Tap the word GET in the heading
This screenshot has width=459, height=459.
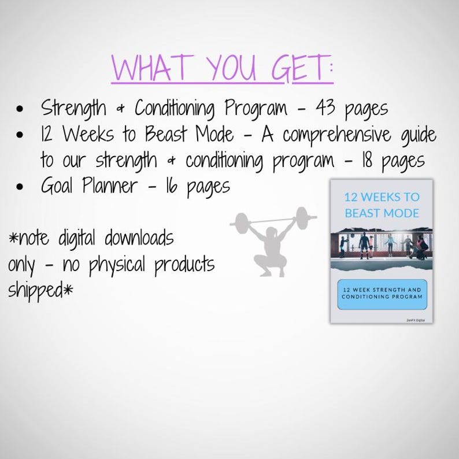point(300,69)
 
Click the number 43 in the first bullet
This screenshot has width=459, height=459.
point(327,108)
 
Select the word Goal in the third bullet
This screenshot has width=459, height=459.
point(58,186)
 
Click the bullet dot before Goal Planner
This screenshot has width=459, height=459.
point(21,187)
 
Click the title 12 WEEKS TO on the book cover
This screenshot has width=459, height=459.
point(382,197)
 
